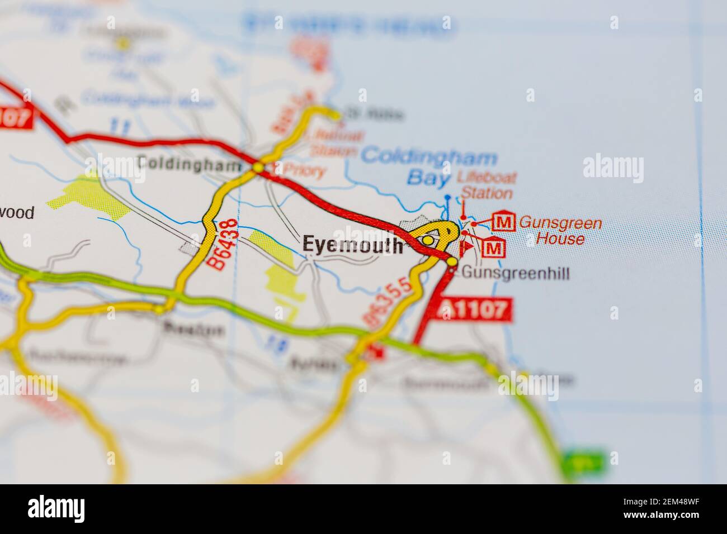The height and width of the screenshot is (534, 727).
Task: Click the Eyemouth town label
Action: point(352,245)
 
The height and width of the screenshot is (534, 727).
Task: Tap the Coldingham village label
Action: point(190,164)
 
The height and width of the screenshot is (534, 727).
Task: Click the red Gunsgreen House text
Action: point(560,231)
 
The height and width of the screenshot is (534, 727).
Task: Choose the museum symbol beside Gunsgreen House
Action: point(504,222)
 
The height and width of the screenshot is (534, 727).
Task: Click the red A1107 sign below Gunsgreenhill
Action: point(476,309)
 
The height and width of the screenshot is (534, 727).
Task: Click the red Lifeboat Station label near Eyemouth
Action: point(485,186)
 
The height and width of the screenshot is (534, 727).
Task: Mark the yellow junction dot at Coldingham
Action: point(258,167)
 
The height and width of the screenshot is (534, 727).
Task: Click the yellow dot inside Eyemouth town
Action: point(428,240)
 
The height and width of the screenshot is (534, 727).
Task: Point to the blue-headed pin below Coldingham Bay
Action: point(447,198)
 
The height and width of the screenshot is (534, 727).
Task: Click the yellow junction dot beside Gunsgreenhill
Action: point(452,261)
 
